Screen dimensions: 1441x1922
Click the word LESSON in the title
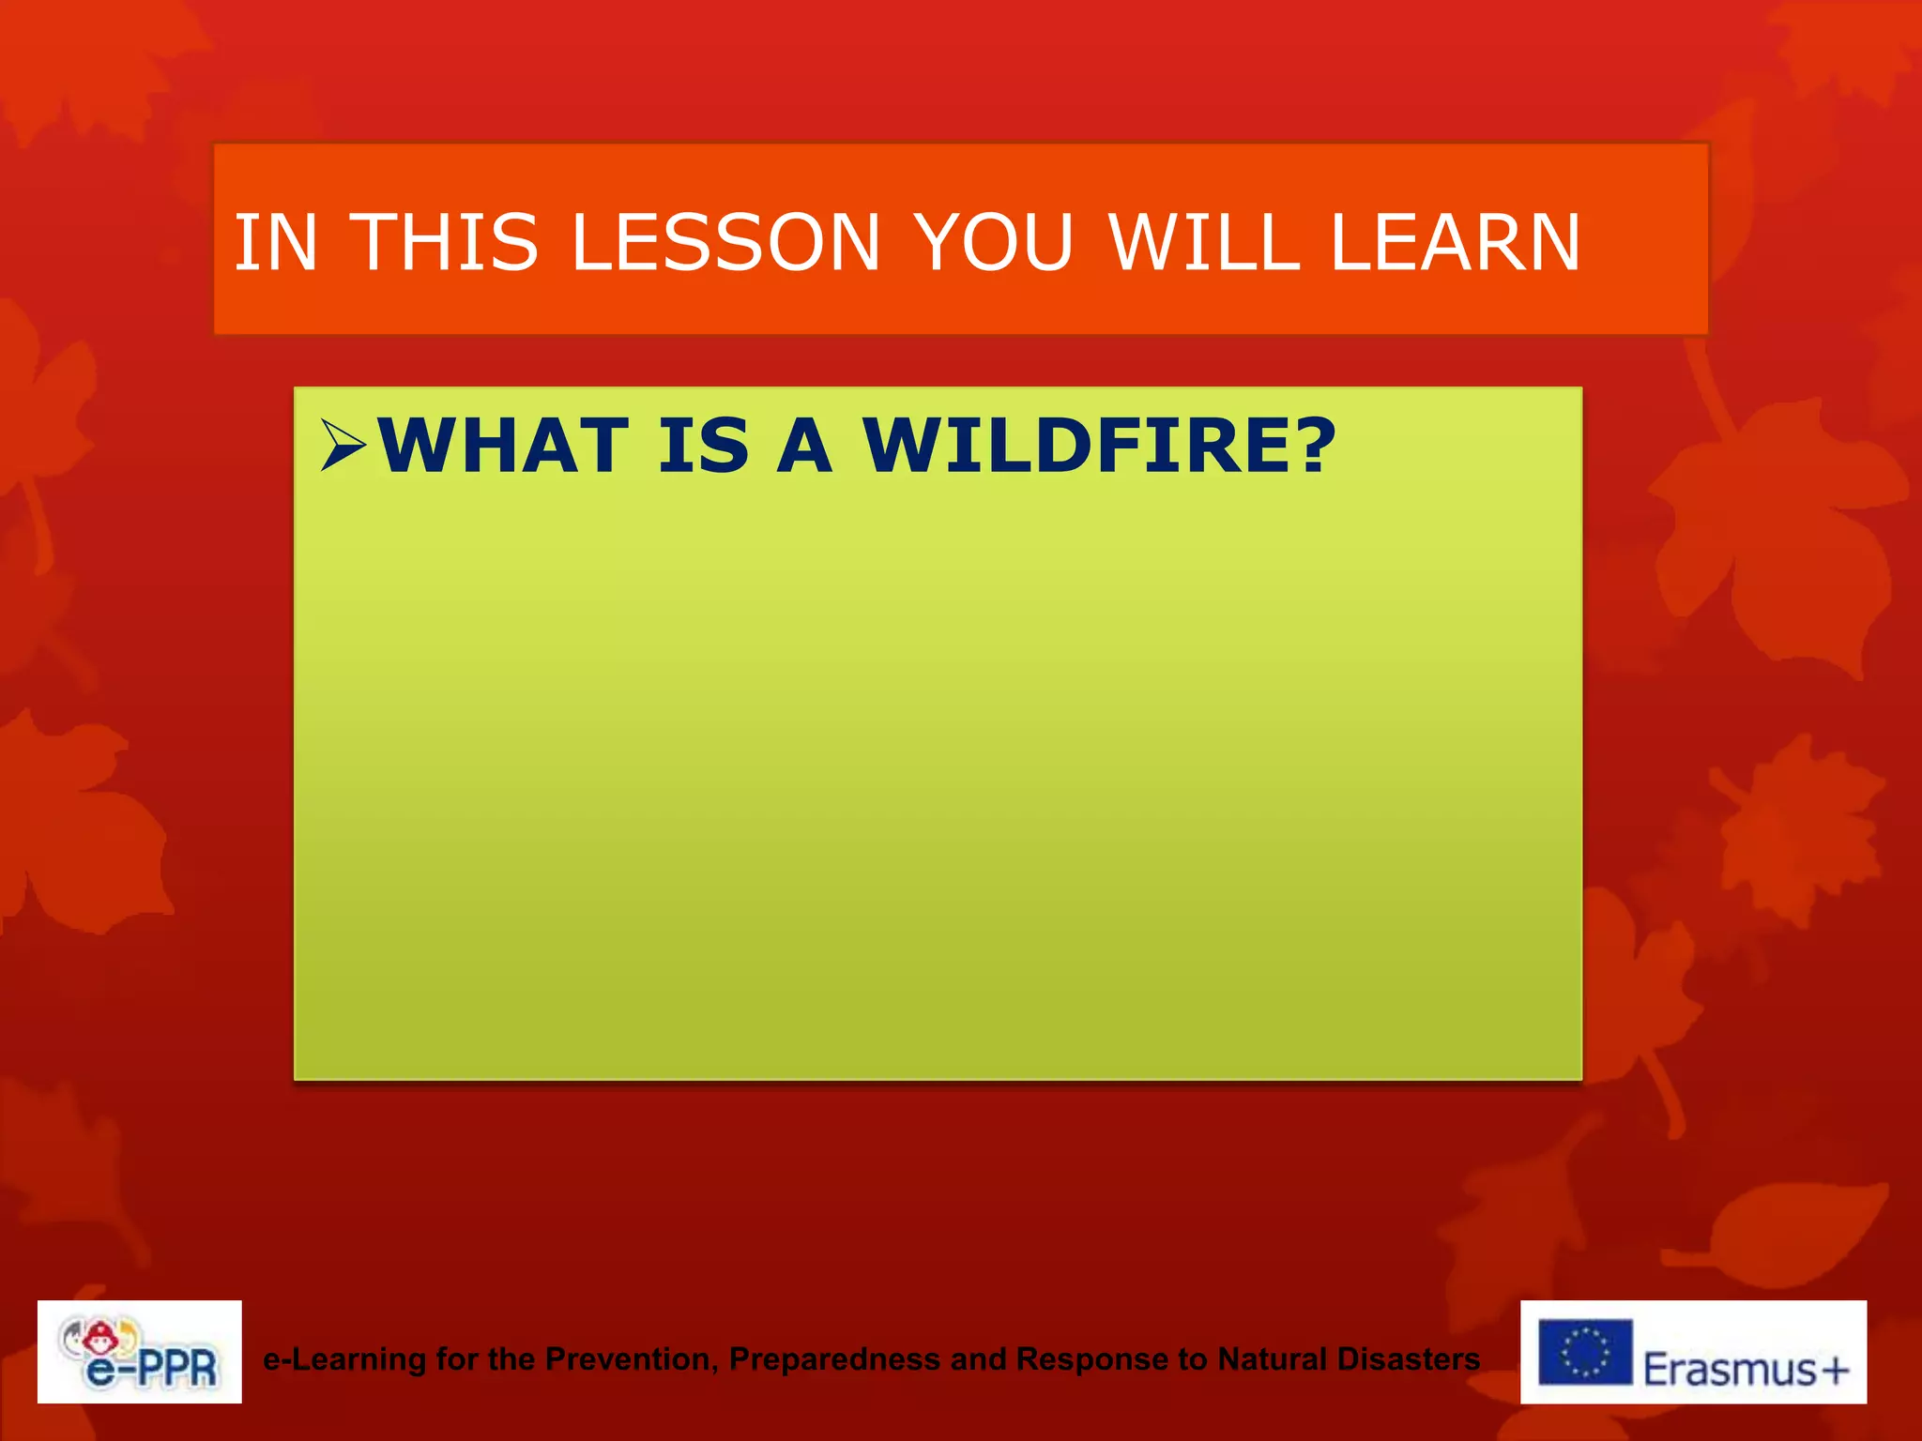pos(724,243)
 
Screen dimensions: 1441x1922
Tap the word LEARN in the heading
pos(1456,243)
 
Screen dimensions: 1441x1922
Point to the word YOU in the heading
pos(994,243)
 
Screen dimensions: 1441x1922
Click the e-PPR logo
pos(140,1352)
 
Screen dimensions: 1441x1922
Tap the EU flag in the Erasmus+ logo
pos(1585,1352)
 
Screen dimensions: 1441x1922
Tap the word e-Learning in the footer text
pos(344,1358)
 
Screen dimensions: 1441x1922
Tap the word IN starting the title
pos(276,243)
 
